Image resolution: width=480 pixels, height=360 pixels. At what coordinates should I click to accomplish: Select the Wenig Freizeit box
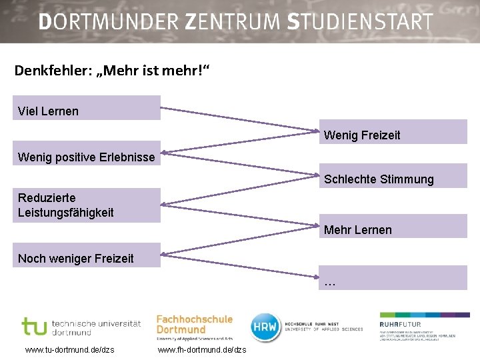(393, 132)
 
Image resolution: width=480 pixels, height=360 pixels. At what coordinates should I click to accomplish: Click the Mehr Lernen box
(393, 227)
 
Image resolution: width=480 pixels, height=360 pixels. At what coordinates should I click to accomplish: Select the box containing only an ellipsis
(393, 278)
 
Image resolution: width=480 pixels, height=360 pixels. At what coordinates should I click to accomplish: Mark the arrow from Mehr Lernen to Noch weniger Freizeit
(240, 243)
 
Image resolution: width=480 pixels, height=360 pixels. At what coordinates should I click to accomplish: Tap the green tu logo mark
(34, 327)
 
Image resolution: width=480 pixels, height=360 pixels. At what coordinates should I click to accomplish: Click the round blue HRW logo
(265, 327)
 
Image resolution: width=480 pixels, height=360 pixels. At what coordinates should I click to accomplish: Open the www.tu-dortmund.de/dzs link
(69, 350)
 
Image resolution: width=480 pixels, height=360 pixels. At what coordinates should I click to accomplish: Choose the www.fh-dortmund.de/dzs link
(202, 350)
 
